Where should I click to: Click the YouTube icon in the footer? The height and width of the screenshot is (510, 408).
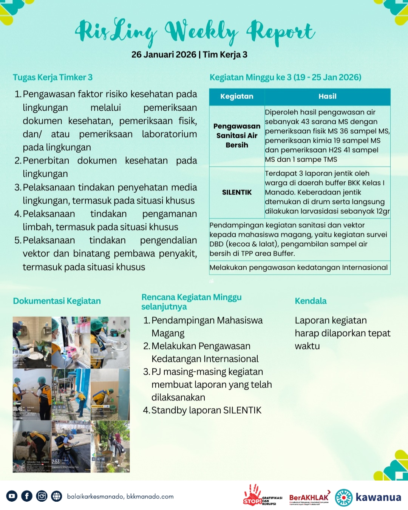12,496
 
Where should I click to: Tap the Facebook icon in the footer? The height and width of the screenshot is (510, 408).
27,496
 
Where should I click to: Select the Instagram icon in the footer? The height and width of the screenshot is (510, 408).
42,496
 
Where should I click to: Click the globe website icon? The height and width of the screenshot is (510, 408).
57,496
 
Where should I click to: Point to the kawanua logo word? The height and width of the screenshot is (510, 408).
378,497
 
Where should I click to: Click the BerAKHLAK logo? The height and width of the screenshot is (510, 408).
309,498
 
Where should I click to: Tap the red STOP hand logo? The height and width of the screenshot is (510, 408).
253,495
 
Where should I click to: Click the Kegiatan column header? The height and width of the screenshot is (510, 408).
237,96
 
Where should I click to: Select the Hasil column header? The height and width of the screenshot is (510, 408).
327,96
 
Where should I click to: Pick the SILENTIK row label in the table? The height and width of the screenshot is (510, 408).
237,192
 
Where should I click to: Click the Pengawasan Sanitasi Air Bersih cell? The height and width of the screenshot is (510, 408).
237,136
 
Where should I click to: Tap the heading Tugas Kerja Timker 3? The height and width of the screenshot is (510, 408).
53,77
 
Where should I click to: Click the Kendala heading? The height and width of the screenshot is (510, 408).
311,301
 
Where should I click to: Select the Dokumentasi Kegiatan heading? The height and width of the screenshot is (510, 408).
57,301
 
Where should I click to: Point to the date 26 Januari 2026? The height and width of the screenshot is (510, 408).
164,55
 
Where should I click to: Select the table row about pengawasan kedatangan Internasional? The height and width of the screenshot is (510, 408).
299,267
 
